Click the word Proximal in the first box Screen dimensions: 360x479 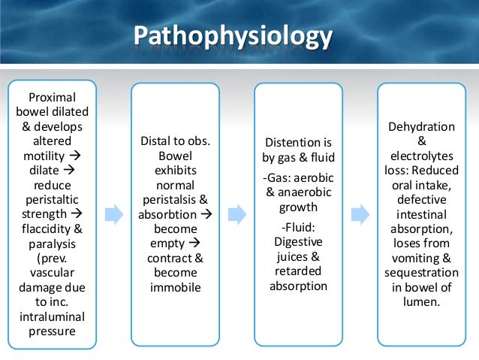click(x=51, y=98)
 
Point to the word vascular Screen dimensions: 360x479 click(x=51, y=274)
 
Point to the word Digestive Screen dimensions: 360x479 click(x=297, y=242)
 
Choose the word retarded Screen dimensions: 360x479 click(x=297, y=271)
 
